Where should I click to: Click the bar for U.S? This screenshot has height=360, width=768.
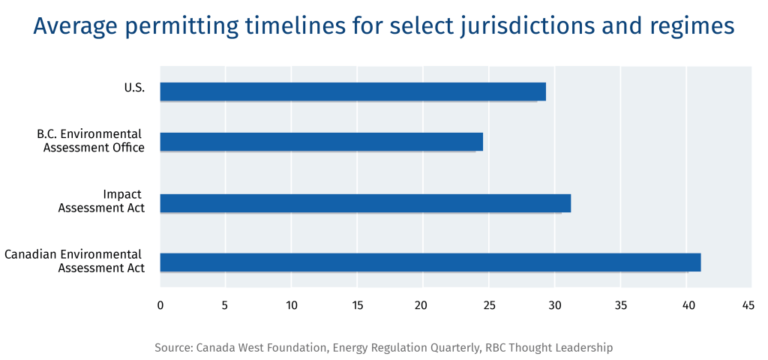[352, 91]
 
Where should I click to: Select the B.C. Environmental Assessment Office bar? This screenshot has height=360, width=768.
[321, 142]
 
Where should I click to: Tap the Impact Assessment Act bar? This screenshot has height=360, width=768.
[365, 203]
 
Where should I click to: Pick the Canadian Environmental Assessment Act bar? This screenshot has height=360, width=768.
[430, 262]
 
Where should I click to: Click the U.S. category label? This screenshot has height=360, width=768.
[135, 89]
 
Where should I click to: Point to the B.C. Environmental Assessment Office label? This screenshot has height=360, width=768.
[91, 141]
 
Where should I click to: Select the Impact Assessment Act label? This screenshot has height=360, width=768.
[101, 201]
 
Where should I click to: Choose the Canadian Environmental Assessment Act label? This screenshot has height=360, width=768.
[74, 262]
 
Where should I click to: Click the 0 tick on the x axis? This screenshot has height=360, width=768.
[160, 305]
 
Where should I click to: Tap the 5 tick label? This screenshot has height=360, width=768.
[225, 305]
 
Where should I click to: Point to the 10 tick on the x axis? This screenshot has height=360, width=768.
[292, 305]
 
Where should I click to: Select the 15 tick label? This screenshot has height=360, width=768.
[358, 305]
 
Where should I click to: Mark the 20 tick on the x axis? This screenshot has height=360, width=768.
[423, 305]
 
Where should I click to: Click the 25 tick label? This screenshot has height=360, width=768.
[489, 305]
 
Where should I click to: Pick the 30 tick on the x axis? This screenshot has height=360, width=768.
[554, 305]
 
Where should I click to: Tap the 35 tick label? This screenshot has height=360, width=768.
[620, 305]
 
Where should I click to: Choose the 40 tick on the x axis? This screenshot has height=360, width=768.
[687, 305]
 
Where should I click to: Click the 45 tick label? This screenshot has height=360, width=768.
[748, 305]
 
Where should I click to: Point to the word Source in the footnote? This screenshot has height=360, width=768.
[173, 348]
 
